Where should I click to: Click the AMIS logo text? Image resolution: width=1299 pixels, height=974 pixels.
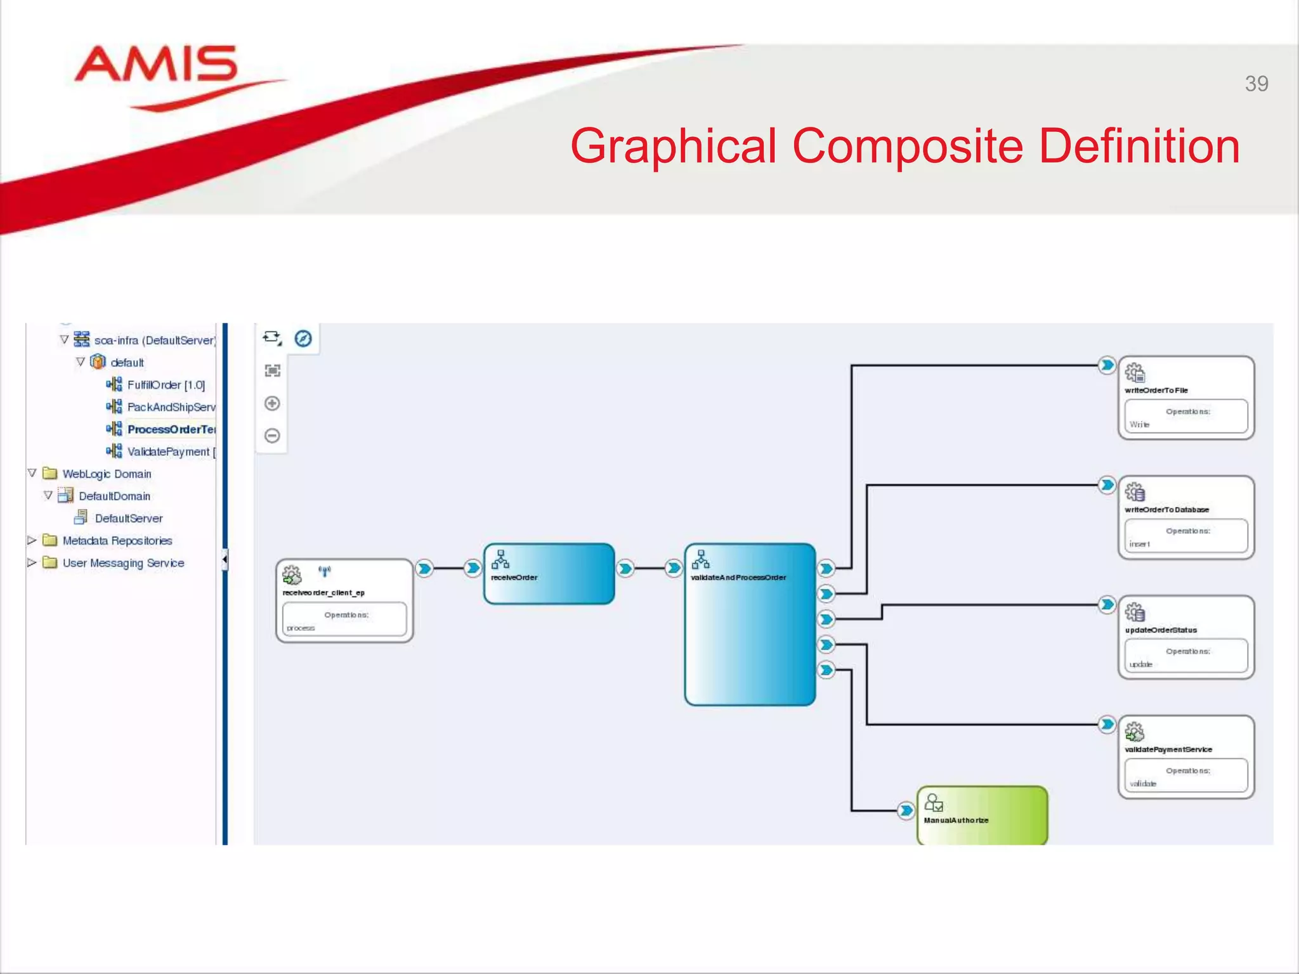click(156, 65)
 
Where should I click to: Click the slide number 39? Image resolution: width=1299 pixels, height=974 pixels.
click(1256, 84)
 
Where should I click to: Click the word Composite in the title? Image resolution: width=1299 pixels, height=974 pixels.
click(908, 146)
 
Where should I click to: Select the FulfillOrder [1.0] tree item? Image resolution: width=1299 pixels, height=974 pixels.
click(166, 385)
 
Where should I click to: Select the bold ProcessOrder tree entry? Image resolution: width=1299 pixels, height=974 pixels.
click(171, 429)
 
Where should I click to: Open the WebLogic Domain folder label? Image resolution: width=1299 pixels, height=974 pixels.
click(107, 474)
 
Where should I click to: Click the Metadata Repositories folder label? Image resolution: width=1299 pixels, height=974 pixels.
click(117, 540)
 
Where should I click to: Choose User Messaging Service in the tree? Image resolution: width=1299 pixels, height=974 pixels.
click(123, 563)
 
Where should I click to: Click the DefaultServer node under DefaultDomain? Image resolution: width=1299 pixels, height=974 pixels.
click(128, 518)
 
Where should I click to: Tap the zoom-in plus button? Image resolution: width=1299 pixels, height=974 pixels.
click(272, 403)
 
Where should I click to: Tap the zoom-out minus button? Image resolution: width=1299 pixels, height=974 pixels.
click(272, 436)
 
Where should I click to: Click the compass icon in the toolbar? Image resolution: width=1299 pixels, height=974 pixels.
click(303, 339)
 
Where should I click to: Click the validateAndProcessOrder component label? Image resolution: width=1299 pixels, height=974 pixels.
click(738, 578)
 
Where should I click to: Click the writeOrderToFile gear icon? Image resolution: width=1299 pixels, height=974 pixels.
click(1135, 373)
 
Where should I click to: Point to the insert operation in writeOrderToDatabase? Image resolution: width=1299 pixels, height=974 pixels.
click(1140, 544)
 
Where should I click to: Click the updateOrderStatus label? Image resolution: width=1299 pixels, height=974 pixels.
click(1161, 630)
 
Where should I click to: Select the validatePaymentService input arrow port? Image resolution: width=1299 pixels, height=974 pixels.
click(1107, 724)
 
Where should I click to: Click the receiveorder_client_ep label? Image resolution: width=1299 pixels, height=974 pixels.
click(323, 593)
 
